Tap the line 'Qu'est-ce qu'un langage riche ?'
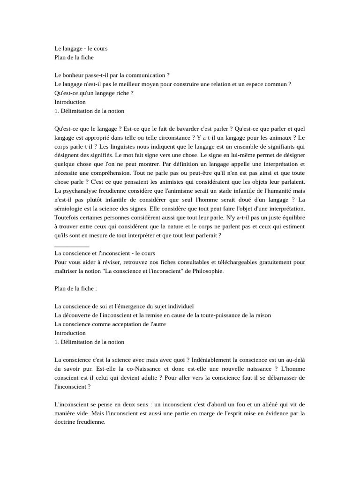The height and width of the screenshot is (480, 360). (94, 93)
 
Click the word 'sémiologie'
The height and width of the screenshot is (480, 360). (69, 209)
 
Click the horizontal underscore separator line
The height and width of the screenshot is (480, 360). (72, 245)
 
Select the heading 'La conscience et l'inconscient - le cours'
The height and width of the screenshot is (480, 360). (105, 253)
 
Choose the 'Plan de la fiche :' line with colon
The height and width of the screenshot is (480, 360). (76, 289)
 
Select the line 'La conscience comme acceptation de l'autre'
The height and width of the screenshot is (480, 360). (110, 324)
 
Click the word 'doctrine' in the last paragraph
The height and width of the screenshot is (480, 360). (67, 422)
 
